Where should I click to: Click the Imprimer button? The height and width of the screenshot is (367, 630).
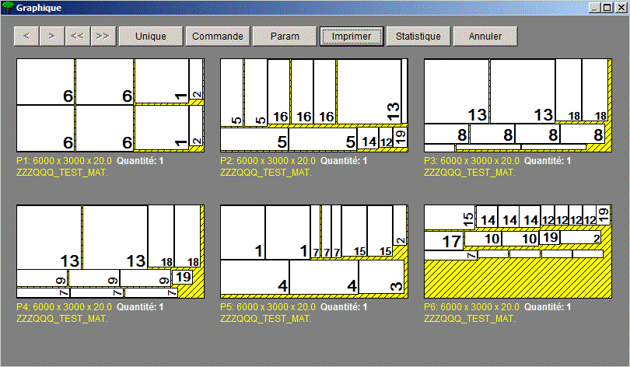coord(352,37)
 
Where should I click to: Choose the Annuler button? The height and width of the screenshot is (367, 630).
coord(485,37)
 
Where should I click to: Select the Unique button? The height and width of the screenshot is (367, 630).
coord(151,37)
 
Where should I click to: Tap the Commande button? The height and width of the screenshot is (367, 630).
coord(217,37)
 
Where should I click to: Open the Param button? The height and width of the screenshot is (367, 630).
coord(285,37)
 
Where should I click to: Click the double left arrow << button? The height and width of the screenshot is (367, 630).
coord(77,37)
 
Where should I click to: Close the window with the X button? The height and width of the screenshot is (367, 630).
coord(621,8)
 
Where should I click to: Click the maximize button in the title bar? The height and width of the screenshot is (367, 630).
coord(607,8)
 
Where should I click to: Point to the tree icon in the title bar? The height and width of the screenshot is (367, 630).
coord(8,8)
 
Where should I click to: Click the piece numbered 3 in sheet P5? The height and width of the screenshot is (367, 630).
coord(381,277)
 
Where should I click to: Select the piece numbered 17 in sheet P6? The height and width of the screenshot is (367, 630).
coord(444,240)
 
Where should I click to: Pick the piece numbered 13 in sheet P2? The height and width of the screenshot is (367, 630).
coord(369,92)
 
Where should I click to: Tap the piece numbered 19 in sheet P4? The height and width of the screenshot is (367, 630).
coord(182,277)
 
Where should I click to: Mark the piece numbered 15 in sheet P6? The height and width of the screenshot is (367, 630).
coord(450,218)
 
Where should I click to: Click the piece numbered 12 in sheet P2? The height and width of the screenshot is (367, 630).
coord(386,138)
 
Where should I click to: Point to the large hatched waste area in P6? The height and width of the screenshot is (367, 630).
coord(518,278)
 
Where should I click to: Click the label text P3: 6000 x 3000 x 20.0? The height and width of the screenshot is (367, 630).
coord(471,161)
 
